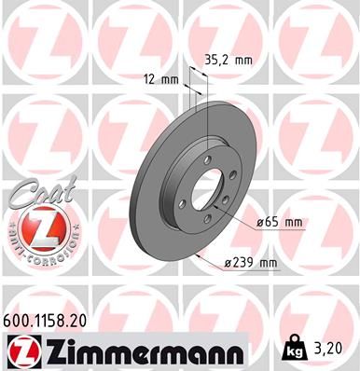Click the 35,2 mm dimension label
point(228,59)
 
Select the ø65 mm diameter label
point(280,221)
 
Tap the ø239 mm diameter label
point(252,263)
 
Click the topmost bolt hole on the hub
point(203,172)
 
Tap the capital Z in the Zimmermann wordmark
point(60,351)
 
